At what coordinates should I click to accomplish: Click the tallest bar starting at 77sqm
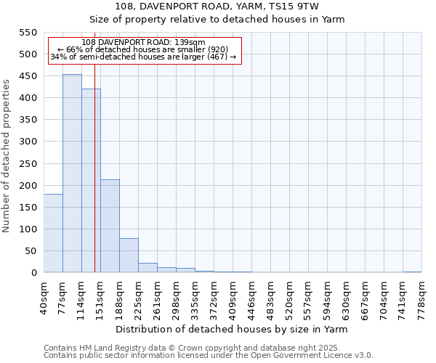point(72,174)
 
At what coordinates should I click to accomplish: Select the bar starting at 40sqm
point(53,233)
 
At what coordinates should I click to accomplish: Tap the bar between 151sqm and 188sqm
point(110,226)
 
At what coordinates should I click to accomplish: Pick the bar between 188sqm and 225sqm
point(129,255)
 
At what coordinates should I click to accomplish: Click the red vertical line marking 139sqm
point(94,181)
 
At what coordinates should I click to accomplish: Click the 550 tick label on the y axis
point(28,33)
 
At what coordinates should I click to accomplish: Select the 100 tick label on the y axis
point(28,229)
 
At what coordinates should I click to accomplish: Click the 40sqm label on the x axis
point(44,294)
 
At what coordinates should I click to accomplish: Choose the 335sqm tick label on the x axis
point(195,294)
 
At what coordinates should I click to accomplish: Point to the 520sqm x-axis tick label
point(290,294)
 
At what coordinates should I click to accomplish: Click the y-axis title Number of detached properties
point(7,156)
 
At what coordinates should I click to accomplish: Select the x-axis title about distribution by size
point(233,329)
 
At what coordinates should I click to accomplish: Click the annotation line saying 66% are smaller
point(143,49)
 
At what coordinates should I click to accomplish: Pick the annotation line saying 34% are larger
point(143,57)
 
